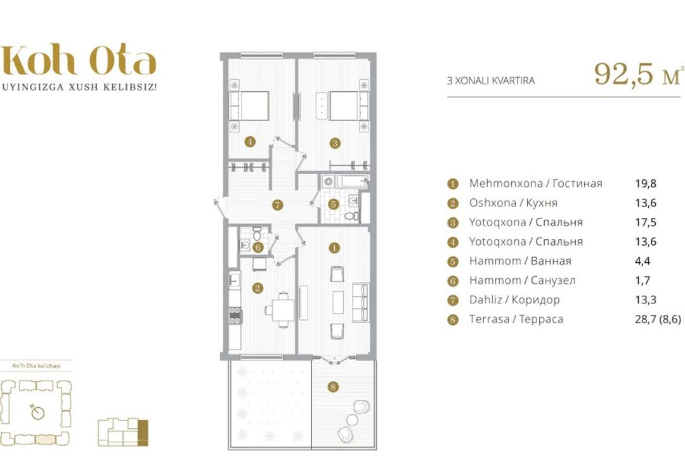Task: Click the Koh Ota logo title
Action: coord(79,60)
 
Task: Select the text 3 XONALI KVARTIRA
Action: coord(490,80)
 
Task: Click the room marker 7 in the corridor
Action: coord(277,205)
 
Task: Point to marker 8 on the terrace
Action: coord(334,386)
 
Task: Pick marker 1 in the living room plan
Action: coord(334,248)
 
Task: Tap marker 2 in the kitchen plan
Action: coord(258,288)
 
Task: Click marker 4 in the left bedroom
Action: coord(249,141)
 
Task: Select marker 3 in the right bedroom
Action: coord(335,142)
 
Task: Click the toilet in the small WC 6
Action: coord(258,231)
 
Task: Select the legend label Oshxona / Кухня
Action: coord(513,203)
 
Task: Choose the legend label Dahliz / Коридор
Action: coord(514,300)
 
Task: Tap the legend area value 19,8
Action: coord(646,184)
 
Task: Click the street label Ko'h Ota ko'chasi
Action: coord(36,365)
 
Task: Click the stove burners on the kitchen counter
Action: coord(235,316)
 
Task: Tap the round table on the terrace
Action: coord(353,420)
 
